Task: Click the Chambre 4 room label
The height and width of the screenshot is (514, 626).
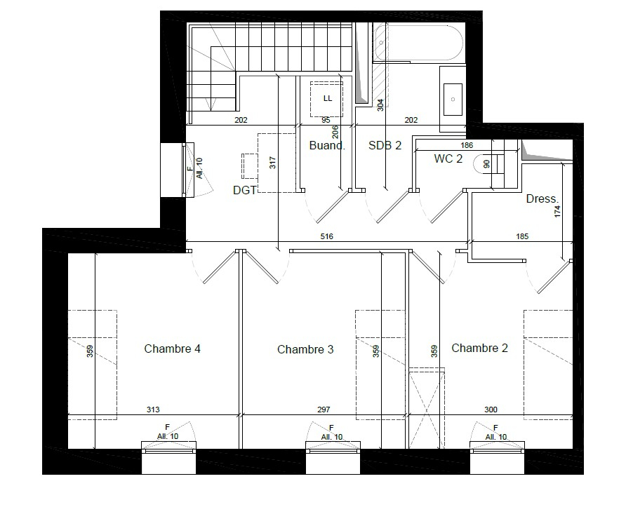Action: (x=172, y=349)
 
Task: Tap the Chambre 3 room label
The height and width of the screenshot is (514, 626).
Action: (x=305, y=350)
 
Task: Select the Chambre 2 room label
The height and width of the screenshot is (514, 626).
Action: (x=479, y=348)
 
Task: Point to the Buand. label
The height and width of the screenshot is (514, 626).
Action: (x=327, y=146)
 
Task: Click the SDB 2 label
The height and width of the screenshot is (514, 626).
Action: (x=385, y=146)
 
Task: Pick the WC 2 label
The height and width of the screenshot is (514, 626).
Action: (x=448, y=158)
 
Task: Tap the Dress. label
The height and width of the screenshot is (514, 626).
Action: (x=542, y=198)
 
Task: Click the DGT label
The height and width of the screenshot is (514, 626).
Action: (x=244, y=190)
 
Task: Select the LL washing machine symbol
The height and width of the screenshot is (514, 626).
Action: (x=327, y=100)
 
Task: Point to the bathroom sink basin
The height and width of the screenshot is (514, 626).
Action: (x=453, y=100)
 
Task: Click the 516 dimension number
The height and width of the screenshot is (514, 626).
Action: (x=326, y=236)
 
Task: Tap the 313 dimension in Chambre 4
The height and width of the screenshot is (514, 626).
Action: (x=153, y=410)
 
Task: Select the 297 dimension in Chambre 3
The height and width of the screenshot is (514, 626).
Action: (x=324, y=410)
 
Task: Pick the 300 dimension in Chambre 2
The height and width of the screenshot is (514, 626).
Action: (x=491, y=410)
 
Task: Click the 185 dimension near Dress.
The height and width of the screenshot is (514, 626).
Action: (x=522, y=236)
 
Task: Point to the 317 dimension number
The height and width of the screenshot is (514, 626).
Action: (x=273, y=163)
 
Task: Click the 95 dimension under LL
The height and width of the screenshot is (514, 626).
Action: (x=326, y=120)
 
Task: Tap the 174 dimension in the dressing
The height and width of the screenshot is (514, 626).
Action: (x=557, y=211)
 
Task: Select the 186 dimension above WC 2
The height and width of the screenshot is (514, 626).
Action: (x=467, y=146)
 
